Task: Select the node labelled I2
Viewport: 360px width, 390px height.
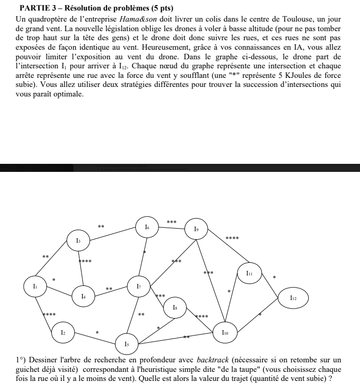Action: pos(63,332)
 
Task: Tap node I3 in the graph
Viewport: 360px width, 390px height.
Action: pos(79,241)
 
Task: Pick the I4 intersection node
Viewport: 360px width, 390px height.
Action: pos(83,297)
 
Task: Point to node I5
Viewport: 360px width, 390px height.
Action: pos(127,344)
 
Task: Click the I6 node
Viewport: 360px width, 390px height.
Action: pos(147,228)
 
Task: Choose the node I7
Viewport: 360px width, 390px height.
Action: pos(139,286)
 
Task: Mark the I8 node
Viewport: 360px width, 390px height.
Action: pos(175,306)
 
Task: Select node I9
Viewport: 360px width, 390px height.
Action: pos(197,229)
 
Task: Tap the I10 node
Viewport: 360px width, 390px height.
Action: pos(226,332)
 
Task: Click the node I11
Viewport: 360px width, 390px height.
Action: pos(250,273)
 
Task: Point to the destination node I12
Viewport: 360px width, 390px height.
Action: pos(294,298)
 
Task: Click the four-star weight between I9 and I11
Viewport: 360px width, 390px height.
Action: pos(232,238)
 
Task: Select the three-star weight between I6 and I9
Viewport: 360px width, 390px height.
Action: pos(171,222)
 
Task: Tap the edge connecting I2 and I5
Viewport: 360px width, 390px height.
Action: pos(96,338)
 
